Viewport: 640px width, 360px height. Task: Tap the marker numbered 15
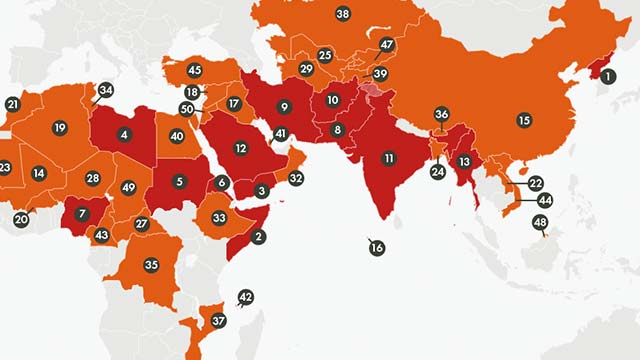523,120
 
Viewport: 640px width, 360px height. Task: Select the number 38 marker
343,14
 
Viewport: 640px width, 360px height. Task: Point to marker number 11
387,157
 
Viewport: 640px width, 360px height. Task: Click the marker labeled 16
376,247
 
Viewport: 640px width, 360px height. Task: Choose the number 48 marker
540,222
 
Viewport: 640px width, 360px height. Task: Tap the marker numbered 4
124,134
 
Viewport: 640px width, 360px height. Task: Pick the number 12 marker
240,148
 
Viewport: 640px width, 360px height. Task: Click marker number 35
151,265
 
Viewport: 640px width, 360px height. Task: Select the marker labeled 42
246,297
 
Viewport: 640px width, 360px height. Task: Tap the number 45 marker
194,70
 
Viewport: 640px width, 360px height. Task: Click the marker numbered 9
284,107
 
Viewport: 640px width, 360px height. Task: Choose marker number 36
441,114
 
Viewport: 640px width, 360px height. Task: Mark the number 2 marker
259,237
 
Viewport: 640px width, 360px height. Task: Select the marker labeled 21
12,104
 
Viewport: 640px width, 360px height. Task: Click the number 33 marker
219,217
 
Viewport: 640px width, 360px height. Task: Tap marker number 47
387,44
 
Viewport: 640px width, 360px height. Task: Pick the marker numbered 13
464,161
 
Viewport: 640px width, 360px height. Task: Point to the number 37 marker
219,320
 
